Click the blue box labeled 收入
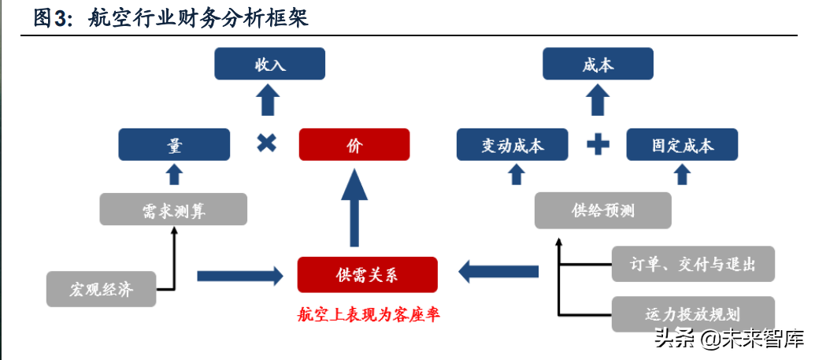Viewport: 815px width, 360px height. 269,64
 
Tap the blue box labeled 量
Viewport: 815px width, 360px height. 174,145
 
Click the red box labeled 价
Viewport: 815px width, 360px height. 354,145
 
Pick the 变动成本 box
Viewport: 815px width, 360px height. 513,145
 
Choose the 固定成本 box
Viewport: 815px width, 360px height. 682,145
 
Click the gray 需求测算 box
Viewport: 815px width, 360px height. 173,210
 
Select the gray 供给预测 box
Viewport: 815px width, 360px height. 603,210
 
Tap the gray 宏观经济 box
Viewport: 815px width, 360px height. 101,290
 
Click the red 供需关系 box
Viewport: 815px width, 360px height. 367,274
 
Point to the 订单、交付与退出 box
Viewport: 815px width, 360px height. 693,263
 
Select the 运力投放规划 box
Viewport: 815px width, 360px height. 693,313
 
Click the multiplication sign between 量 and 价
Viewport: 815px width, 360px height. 267,144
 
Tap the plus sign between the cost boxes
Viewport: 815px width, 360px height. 598,144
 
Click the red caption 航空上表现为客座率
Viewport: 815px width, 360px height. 369,315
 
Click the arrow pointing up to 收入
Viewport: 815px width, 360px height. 269,100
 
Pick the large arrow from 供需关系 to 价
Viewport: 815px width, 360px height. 354,209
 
